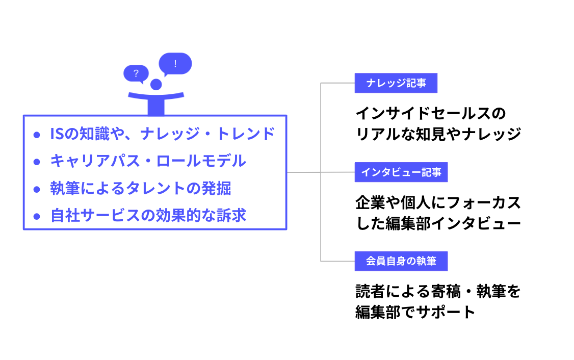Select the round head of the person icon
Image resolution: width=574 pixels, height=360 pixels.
tap(155, 84)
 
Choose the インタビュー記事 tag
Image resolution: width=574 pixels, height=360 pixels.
tap(401, 172)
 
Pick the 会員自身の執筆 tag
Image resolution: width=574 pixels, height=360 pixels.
tap(401, 262)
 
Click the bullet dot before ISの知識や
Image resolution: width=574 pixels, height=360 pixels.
tap(36, 135)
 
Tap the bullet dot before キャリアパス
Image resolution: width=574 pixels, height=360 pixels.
tap(36, 162)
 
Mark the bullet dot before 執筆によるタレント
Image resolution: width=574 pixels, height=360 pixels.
tap(36, 189)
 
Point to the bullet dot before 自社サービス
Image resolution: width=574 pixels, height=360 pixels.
tap(36, 216)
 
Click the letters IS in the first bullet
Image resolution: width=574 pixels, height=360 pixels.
tap(56, 134)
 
